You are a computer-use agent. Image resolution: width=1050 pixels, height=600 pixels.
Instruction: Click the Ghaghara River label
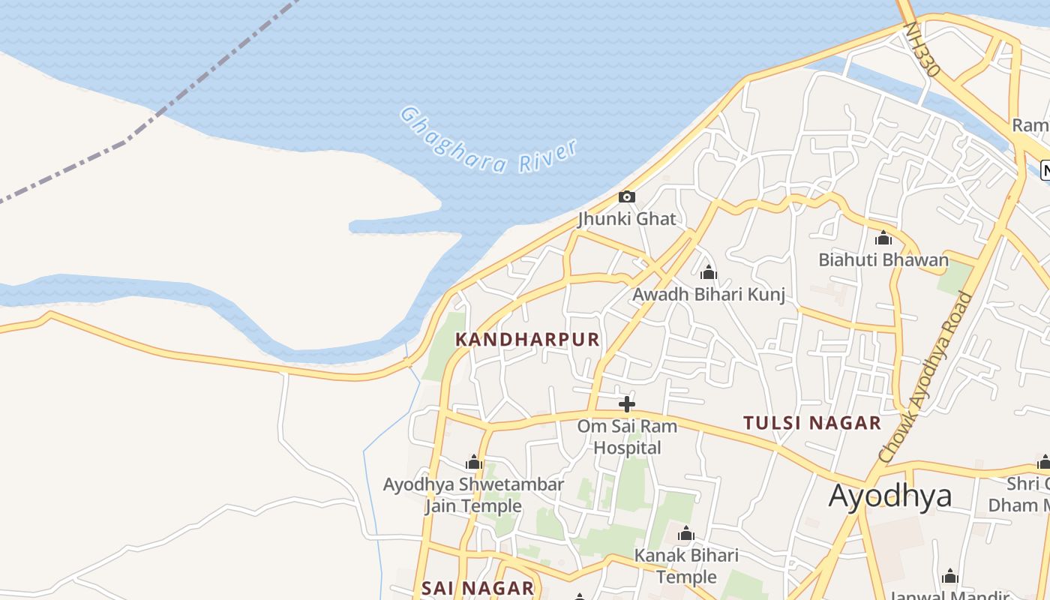click(x=488, y=141)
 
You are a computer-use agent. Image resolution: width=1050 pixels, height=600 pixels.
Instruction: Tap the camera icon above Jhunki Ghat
click(x=627, y=197)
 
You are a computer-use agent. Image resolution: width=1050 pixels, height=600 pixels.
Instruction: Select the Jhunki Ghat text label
click(x=627, y=219)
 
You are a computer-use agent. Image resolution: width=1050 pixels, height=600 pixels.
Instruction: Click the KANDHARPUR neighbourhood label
click(x=527, y=340)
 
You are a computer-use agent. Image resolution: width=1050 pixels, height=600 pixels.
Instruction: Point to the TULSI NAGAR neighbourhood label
click(x=812, y=423)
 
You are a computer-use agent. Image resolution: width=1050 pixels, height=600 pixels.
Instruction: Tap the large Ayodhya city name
click(x=890, y=496)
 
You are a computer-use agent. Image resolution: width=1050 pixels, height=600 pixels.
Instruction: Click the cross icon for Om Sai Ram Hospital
click(x=627, y=404)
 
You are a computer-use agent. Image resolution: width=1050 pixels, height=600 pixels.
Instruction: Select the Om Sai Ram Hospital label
click(x=627, y=436)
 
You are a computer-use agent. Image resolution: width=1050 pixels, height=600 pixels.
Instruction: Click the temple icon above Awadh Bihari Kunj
click(x=709, y=272)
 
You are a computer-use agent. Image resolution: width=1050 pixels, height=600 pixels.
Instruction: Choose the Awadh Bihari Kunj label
click(x=709, y=294)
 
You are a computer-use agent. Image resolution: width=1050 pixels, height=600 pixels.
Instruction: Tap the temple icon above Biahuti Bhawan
click(x=883, y=238)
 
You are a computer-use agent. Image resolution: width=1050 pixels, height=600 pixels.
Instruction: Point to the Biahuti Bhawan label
click(x=883, y=260)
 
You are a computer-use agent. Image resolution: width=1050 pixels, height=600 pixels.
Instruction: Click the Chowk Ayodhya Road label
click(x=925, y=377)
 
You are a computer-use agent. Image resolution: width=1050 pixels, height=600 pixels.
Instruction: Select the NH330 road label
click(x=922, y=49)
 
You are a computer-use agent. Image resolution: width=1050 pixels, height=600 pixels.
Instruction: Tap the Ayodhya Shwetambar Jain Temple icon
click(x=474, y=462)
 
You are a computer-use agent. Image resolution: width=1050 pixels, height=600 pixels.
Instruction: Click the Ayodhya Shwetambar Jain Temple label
click(x=473, y=495)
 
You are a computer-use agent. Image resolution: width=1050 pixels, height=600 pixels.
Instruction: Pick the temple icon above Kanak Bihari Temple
click(x=686, y=534)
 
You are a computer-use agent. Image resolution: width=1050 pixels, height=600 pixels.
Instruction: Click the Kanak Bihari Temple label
click(x=686, y=566)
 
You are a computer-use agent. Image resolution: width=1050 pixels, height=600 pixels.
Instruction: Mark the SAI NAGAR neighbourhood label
click(x=478, y=588)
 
